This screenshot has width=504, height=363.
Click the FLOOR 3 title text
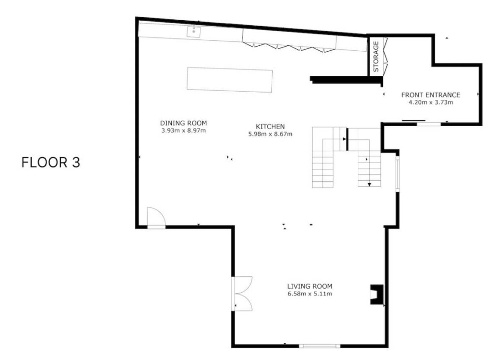click(51, 163)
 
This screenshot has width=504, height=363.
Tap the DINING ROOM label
click(184, 123)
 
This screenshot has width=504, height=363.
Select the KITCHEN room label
click(270, 127)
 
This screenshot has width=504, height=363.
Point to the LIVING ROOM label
click(310, 286)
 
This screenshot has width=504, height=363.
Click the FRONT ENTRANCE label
click(431, 95)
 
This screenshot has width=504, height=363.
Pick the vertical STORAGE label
click(376, 57)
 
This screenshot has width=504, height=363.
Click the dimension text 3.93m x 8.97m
click(184, 131)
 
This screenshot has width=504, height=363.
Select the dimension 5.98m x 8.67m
click(270, 134)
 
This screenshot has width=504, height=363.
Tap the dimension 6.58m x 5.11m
click(310, 294)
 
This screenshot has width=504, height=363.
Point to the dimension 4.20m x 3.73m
click(431, 102)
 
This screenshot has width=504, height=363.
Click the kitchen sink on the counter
click(194, 32)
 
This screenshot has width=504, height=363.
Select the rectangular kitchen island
click(229, 80)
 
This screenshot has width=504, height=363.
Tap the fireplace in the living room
click(377, 294)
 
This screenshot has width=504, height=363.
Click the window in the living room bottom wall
click(319, 346)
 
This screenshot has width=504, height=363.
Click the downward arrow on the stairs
click(369, 185)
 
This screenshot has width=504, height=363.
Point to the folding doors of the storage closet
click(386, 57)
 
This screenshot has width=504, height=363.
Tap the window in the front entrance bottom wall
click(429, 124)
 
